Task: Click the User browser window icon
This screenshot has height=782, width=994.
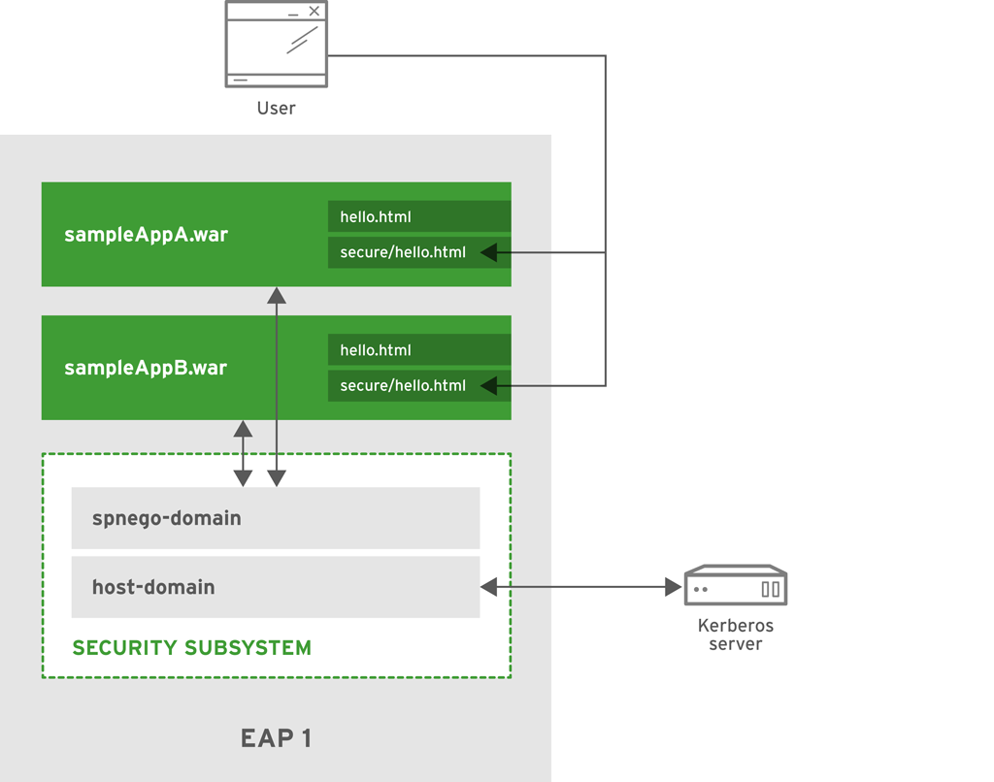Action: pos(277,45)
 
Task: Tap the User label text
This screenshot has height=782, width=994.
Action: pos(277,108)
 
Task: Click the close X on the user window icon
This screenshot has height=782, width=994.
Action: pos(314,12)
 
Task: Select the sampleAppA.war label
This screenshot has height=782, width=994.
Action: pos(146,235)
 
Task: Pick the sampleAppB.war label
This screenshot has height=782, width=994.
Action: pos(146,369)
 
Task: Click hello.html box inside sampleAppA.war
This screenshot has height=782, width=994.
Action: pos(419,216)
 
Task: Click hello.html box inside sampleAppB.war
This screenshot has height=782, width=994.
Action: pos(419,350)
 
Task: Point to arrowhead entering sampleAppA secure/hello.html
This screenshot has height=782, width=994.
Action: pos(489,252)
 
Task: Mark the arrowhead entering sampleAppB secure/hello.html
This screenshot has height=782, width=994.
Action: pos(489,386)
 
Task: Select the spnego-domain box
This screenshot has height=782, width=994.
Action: pos(276,518)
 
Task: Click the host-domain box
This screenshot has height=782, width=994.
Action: pos(276,587)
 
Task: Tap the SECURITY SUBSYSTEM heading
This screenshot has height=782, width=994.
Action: pos(192,648)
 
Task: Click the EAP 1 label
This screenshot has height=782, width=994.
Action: pos(276,738)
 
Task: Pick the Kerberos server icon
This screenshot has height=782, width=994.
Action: pos(736,586)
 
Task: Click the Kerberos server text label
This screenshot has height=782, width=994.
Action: pos(736,635)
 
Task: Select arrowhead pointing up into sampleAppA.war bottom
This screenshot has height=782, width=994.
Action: pos(277,295)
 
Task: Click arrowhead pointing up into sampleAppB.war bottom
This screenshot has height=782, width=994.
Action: pos(243,429)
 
